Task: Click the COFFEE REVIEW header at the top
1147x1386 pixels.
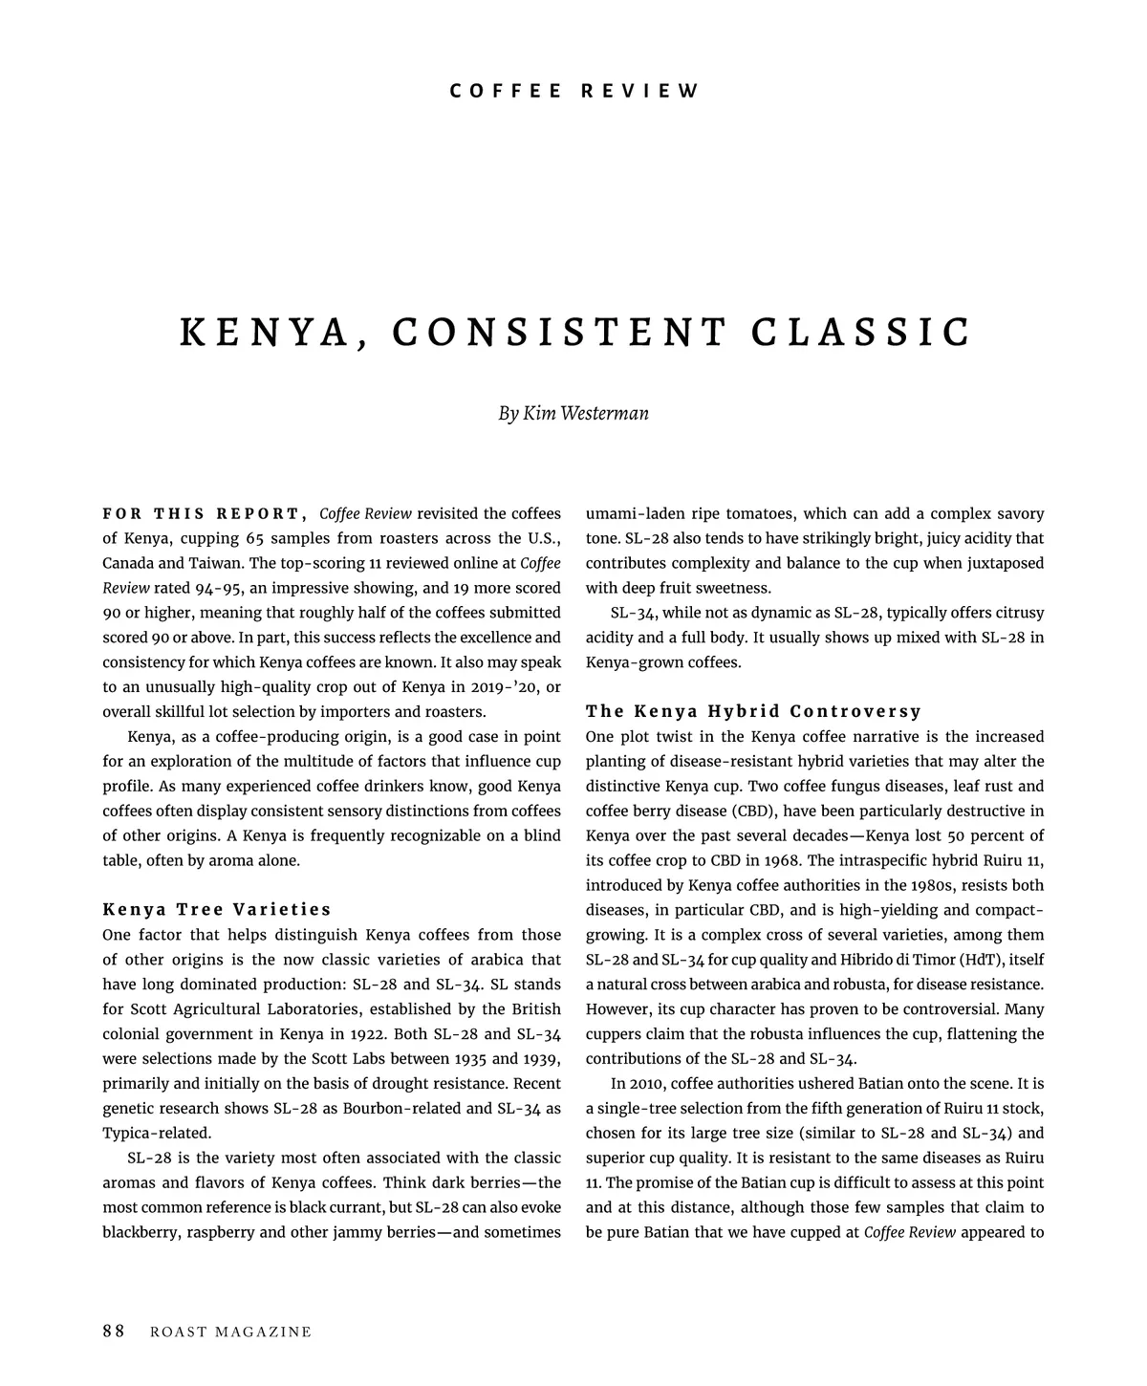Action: [x=574, y=92]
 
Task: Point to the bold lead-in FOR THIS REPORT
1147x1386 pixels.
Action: [x=205, y=513]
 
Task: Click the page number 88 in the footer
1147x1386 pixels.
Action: [x=114, y=1332]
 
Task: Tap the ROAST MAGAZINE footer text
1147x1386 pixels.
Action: [x=231, y=1332]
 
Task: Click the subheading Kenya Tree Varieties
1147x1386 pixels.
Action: [x=217, y=909]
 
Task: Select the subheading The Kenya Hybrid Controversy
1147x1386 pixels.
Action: [x=753, y=711]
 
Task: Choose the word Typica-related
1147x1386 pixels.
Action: [x=156, y=1134]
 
